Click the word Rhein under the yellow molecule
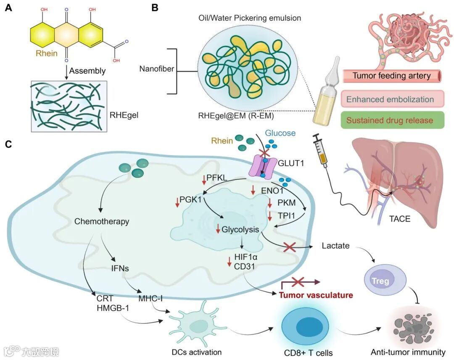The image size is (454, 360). [x=46, y=53]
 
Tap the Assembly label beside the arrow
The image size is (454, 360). [x=87, y=71]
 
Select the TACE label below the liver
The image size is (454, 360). [x=399, y=219]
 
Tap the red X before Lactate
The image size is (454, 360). [x=290, y=247]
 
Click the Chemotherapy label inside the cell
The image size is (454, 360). [x=102, y=221]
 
